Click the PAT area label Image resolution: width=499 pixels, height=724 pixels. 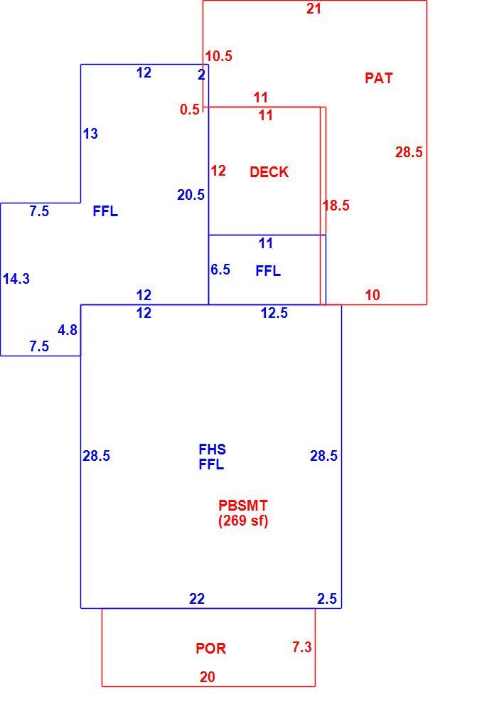pos(379,78)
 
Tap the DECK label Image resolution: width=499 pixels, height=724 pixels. pos(269,172)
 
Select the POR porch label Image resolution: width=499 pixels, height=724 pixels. pos(211,649)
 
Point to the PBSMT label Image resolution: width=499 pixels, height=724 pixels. pos(243,506)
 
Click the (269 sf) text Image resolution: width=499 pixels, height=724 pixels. pos(243,521)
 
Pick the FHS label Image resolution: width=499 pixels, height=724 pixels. pos(213,449)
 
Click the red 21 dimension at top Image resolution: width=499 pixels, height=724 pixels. pos(314,9)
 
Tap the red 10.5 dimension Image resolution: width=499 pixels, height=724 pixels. pos(219,56)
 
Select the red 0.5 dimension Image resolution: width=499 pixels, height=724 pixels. pos(190,110)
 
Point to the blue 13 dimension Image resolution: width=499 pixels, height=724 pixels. pos(90,134)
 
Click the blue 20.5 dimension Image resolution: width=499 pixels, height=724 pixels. pos(191,195)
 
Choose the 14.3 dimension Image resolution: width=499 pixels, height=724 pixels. pos(16,279)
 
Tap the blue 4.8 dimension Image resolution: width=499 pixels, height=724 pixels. pos(68,330)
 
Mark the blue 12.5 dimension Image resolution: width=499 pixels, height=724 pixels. pos(274,313)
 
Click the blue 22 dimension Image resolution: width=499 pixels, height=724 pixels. pos(197,599)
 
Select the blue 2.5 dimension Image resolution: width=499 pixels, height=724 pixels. pos(327,599)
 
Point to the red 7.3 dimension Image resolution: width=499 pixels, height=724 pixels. pos(302,647)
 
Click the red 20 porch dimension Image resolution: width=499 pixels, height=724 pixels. pos(208,677)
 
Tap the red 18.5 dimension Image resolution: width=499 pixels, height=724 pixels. pos(336,206)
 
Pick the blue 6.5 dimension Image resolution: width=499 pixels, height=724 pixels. pos(220,270)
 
